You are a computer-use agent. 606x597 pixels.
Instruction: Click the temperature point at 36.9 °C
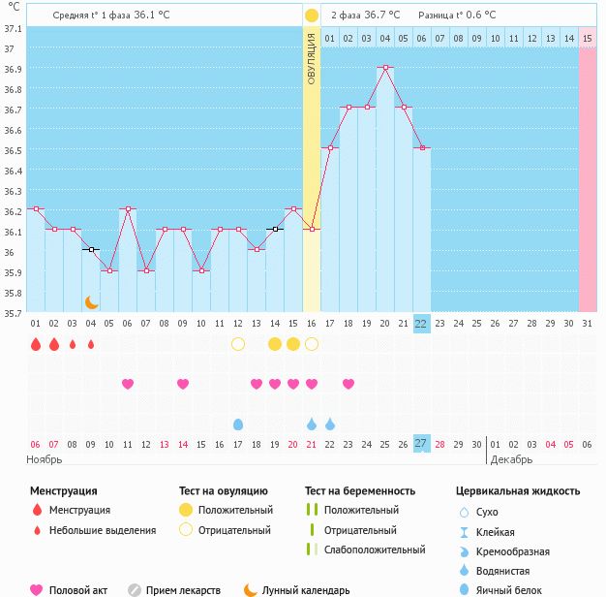(385, 67)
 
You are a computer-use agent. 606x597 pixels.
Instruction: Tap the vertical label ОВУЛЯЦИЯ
(312, 58)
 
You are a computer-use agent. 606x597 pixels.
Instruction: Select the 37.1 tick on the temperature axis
(13, 29)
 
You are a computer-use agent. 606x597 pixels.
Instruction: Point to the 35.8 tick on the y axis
(13, 293)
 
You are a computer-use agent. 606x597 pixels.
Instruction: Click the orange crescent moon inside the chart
(91, 302)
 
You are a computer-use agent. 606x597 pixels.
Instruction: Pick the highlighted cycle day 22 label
(421, 324)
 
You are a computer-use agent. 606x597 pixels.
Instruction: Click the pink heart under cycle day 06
(128, 384)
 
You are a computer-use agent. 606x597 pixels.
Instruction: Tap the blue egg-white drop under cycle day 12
(238, 424)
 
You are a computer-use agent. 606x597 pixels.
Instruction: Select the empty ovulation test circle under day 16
(312, 344)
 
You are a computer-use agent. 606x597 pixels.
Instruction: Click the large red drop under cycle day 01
(36, 344)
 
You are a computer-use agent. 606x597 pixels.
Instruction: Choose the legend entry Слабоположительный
(375, 550)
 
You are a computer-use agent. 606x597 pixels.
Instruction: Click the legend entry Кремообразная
(512, 551)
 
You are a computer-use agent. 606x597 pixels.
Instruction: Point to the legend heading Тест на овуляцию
(224, 491)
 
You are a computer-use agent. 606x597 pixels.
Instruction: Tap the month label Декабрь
(511, 459)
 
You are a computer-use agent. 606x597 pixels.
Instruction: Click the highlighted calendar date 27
(421, 444)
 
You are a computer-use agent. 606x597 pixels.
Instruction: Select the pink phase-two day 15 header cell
(588, 39)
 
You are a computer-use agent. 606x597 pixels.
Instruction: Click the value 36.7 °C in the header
(382, 16)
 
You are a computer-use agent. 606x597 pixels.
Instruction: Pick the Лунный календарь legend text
(306, 590)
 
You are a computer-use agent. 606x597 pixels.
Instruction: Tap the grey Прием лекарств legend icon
(135, 590)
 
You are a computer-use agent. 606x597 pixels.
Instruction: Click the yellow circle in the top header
(312, 16)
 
